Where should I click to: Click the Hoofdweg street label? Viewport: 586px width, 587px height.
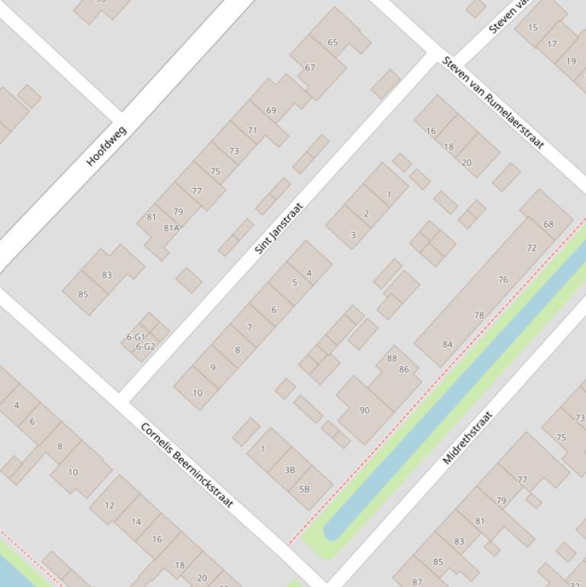[107, 146]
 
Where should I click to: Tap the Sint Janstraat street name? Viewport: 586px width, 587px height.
[279, 228]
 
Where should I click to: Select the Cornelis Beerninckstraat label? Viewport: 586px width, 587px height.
[187, 465]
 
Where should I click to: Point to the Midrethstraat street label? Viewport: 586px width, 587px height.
[468, 438]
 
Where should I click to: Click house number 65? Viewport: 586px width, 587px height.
[332, 42]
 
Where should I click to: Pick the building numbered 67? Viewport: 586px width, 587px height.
[310, 68]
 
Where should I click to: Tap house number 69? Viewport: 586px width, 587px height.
[271, 111]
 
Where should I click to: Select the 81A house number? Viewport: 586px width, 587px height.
[171, 228]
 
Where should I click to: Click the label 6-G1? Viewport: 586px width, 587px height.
[136, 336]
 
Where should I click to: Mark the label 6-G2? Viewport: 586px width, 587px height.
[145, 346]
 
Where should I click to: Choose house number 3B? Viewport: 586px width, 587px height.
[290, 470]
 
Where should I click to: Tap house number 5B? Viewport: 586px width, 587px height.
[304, 489]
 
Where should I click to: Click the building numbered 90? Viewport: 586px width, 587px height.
[364, 410]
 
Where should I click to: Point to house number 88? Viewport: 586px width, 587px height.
[392, 358]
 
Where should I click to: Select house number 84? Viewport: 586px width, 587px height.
[447, 344]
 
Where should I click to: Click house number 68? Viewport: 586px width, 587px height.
[549, 224]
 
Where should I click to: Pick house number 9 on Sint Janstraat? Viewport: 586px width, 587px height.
[213, 367]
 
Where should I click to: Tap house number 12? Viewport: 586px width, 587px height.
[109, 505]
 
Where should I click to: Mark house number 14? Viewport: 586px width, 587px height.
[136, 521]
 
